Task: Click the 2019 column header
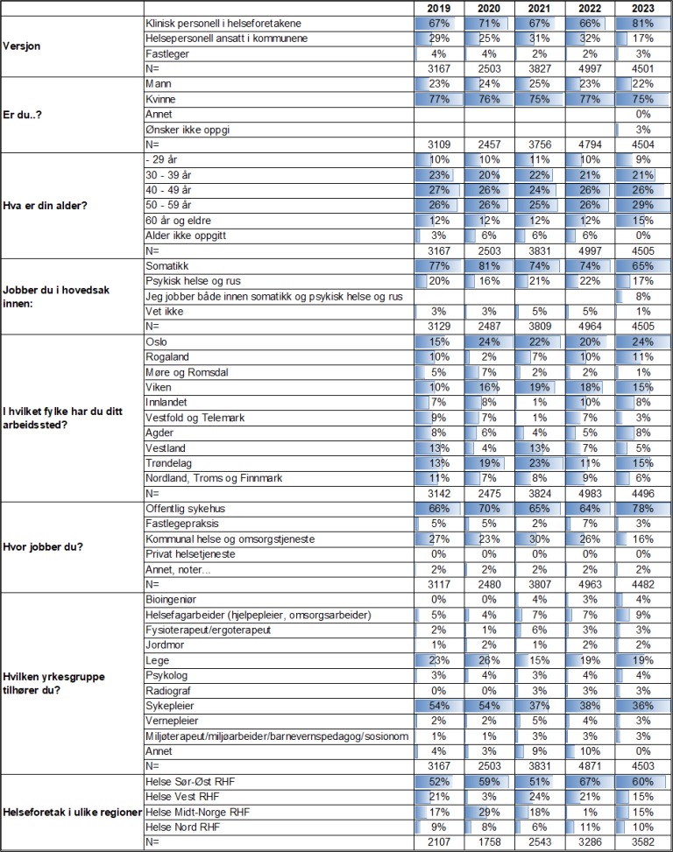(439, 8)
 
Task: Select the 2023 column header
(642, 8)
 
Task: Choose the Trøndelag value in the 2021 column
(541, 463)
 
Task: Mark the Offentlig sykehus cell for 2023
(642, 508)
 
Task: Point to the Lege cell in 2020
(490, 660)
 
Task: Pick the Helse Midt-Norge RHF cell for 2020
(490, 812)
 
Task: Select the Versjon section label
(26, 46)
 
